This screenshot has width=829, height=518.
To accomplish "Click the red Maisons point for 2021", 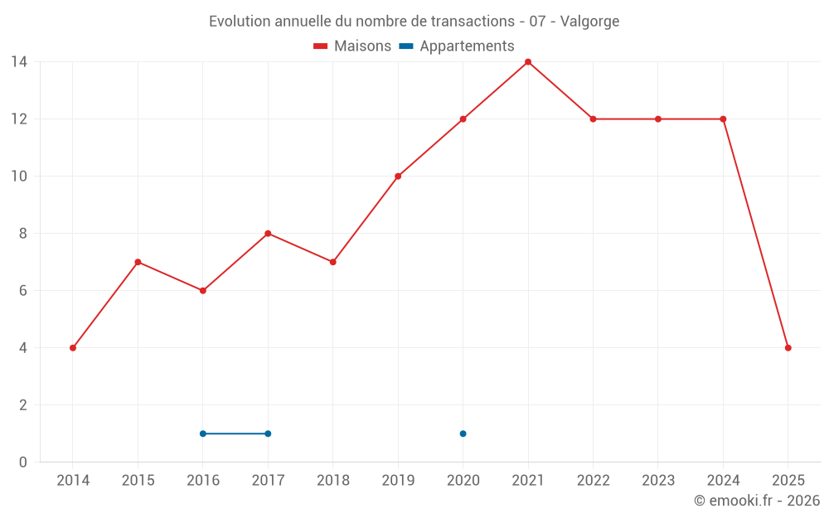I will [528, 62].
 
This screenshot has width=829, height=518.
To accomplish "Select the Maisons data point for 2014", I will [73, 348].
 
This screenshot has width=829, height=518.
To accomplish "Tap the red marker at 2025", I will [788, 348].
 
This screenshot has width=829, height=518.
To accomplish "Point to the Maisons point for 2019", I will [398, 177].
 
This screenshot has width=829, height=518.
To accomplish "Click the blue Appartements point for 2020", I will [463, 433].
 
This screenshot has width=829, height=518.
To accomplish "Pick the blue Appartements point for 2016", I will [203, 433].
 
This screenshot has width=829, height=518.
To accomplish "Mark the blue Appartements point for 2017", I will [268, 433].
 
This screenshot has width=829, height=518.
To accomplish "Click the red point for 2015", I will [138, 262].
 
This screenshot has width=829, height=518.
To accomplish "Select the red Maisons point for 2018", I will [333, 262].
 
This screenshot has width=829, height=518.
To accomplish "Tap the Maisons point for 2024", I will [723, 119].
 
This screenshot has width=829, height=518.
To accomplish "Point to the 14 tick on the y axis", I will [19, 62].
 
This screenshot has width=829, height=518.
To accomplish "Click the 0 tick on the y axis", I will [23, 462].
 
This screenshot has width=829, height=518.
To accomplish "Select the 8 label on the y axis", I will [23, 234].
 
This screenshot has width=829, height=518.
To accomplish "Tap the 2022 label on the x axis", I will [593, 481].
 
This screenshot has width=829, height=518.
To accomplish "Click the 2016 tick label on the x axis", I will [203, 481].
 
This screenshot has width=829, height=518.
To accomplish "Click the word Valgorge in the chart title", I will [589, 22].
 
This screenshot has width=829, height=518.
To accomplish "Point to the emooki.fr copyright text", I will [756, 501].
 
